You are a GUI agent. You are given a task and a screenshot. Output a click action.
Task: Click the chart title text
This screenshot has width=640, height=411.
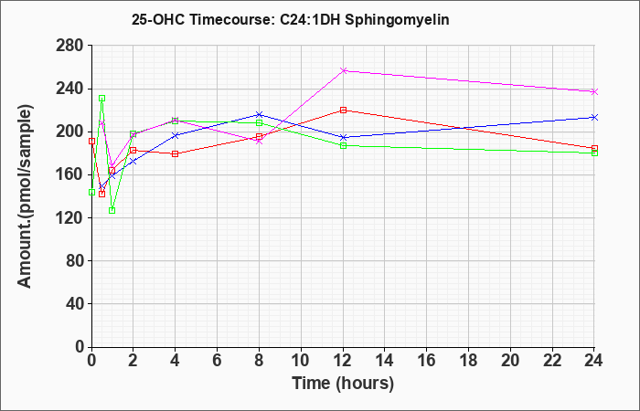coord(290,19)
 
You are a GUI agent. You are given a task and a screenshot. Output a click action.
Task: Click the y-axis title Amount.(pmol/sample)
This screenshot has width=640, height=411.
coord(25,196)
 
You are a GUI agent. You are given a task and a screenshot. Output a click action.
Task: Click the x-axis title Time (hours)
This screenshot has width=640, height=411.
coord(343,384)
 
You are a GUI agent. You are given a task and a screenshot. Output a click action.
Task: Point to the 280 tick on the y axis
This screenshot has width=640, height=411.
coord(74,46)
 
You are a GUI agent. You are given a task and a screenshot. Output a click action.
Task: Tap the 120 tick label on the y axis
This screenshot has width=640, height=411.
coord(74,217)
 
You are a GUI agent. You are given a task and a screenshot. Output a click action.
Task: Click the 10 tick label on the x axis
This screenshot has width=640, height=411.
coord(301,361)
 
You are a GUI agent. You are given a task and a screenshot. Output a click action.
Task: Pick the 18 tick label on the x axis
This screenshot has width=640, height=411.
coord(468,361)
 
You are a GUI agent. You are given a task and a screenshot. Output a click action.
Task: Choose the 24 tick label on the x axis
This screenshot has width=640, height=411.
coord(593,361)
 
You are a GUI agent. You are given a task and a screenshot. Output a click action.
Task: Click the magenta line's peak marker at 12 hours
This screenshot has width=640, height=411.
coord(343,71)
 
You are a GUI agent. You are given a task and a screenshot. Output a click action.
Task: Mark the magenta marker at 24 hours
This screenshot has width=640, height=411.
coord(594,91)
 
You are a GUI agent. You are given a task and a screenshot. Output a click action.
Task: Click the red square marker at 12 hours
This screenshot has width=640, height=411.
coord(343,111)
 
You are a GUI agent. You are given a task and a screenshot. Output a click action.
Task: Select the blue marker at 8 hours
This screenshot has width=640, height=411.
coord(259,114)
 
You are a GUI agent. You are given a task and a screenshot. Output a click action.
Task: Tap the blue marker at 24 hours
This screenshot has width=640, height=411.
coord(594,118)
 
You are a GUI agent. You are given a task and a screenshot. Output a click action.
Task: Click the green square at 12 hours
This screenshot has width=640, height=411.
coord(343,145)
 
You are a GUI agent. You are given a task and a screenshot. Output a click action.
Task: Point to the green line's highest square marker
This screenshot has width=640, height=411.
coord(102,99)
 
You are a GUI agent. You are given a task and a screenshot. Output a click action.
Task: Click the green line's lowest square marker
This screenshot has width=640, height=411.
coord(112,210)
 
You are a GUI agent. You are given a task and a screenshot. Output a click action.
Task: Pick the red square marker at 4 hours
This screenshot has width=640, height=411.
coord(176,153)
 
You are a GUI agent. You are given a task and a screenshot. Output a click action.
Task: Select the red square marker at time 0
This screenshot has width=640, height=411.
coord(91,141)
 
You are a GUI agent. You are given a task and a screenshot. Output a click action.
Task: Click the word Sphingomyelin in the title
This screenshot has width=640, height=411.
coord(397,20)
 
